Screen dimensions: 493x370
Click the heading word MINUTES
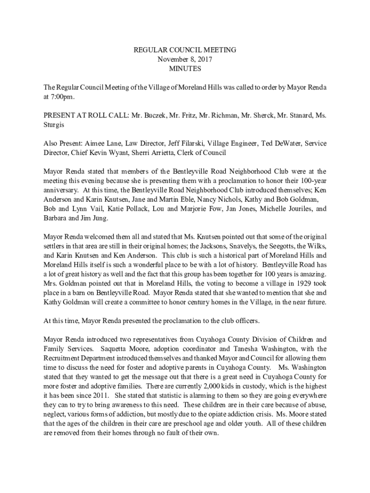tap(185, 69)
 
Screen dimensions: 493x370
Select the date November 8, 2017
tap(185, 59)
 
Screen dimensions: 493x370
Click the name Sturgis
tap(55, 125)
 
